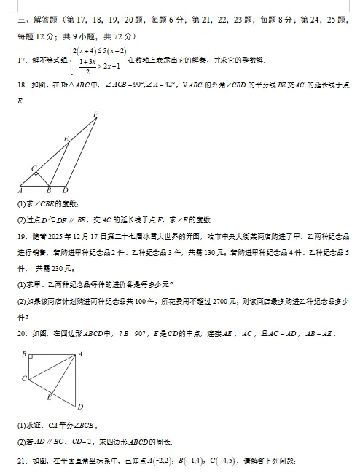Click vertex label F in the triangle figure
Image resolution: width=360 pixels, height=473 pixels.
(x=96, y=113)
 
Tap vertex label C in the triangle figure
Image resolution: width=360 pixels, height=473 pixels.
(x=34, y=168)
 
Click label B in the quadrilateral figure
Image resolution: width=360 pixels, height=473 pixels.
(x=24, y=353)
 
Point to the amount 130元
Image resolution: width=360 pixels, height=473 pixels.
(x=210, y=271)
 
